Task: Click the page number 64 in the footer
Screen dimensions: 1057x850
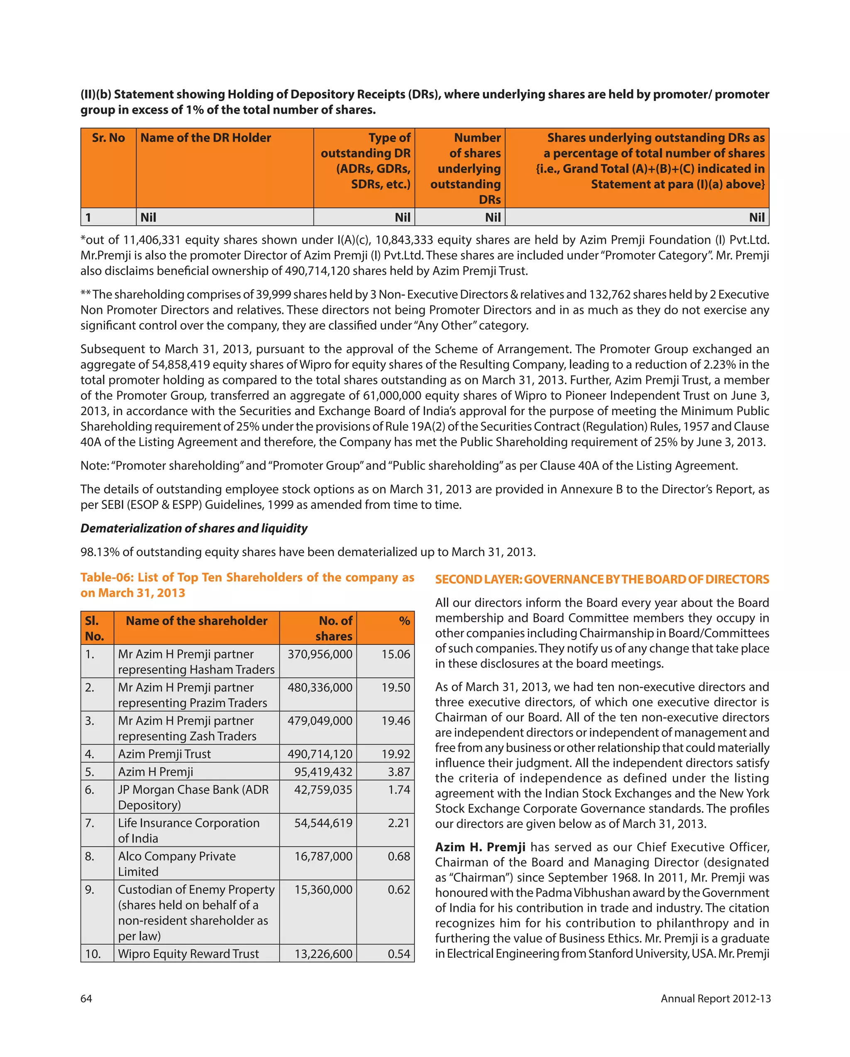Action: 86,998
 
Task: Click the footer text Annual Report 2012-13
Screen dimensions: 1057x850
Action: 715,998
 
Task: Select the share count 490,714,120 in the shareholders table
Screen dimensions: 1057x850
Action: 320,754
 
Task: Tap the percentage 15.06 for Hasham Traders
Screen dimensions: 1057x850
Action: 396,654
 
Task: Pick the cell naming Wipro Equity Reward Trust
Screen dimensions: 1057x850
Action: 188,954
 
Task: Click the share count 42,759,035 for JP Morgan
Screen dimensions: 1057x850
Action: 322,789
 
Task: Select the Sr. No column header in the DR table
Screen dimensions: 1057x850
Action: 108,138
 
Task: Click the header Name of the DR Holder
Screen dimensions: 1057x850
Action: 205,138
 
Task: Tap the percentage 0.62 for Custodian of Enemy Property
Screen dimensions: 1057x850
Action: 398,889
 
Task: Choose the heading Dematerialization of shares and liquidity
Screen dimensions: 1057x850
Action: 194,528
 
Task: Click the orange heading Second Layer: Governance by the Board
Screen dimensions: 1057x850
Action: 602,579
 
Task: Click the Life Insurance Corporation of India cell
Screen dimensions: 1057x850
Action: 188,830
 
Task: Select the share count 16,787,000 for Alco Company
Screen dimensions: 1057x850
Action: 322,856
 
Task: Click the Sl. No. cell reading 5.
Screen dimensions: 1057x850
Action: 90,772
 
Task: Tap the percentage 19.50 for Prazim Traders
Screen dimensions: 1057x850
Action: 396,688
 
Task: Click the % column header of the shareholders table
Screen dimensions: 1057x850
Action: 404,621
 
